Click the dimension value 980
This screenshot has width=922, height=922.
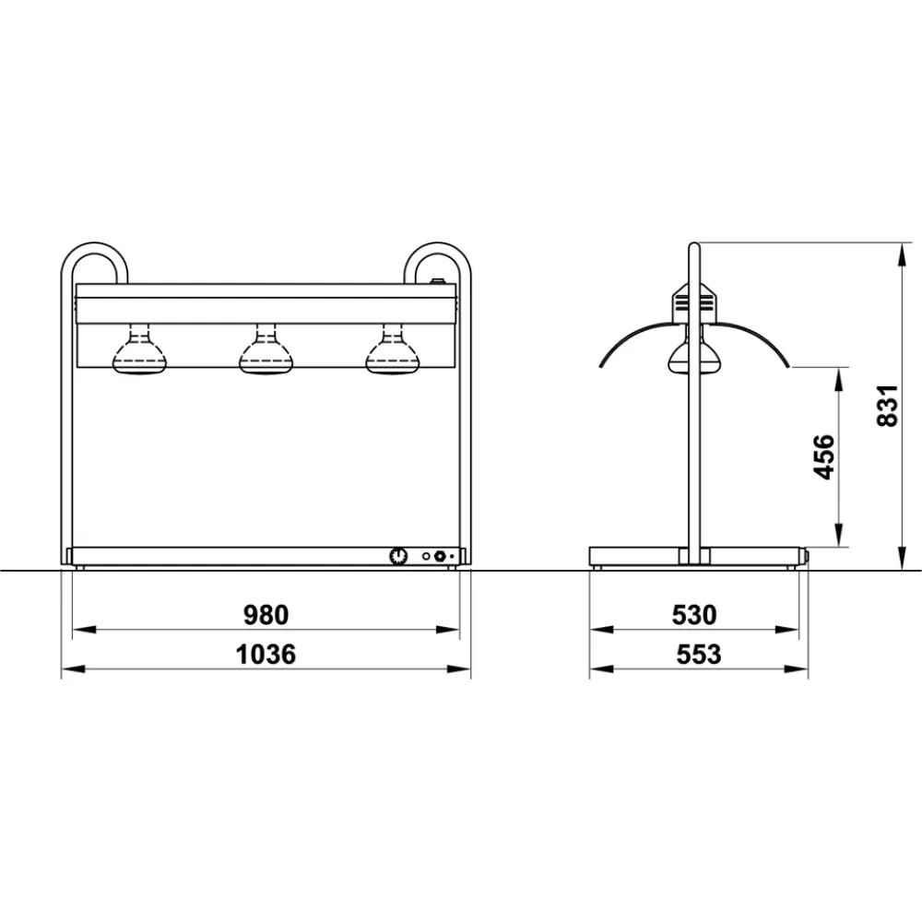tap(266, 614)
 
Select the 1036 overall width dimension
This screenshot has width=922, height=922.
tap(266, 655)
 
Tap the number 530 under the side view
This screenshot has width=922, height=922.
tap(693, 614)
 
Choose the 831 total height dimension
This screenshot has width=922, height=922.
tap(886, 406)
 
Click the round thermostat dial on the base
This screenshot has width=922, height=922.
tap(398, 556)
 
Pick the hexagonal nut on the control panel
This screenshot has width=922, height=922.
tap(440, 556)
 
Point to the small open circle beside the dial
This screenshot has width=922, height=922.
tap(426, 556)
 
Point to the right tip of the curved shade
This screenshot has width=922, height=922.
tap(788, 367)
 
